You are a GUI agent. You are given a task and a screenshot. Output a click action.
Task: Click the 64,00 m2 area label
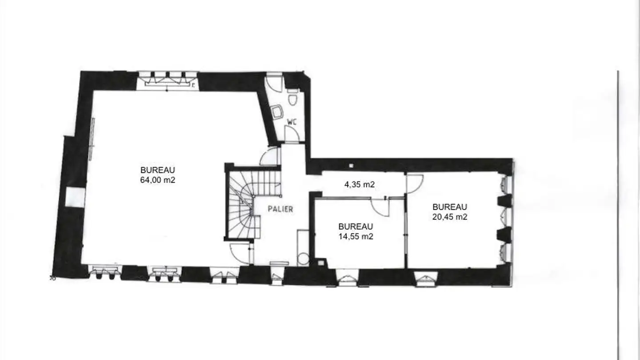157,180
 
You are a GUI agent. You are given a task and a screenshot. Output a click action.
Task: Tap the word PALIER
280,209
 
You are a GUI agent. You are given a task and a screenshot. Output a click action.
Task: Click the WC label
292,122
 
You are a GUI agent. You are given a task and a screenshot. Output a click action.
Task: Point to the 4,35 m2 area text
360,184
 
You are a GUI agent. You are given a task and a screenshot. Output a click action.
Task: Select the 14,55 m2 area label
356,236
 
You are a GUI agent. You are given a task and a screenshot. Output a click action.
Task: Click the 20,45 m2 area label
450,217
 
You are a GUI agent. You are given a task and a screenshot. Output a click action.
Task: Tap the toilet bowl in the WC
292,97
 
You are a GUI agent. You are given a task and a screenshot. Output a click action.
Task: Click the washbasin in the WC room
276,112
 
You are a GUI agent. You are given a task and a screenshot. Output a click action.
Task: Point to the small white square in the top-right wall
351,166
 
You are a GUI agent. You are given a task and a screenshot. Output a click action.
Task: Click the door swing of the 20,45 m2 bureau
415,184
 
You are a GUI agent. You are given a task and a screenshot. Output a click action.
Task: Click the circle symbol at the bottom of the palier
303,260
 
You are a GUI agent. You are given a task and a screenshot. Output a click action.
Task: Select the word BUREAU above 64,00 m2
157,170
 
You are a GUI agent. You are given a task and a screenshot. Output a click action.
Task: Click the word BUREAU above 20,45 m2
450,207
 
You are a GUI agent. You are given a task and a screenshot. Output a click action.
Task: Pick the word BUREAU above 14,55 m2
356,227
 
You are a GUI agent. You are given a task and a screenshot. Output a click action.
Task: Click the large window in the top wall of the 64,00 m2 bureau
167,80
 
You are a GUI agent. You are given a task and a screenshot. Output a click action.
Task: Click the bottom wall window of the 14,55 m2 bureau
347,278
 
